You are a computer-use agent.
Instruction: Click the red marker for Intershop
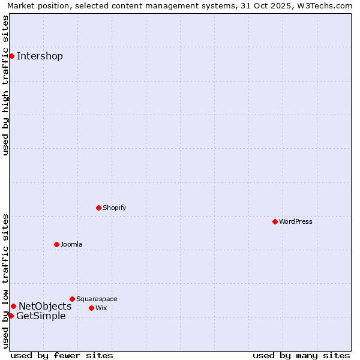pos(11,56)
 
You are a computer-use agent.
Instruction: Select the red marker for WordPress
pos(275,221)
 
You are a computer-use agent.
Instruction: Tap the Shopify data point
pos(98,208)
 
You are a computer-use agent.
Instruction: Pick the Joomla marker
pos(56,244)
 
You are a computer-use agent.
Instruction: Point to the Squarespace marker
pos(72,299)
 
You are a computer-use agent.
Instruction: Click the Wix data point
pos(91,308)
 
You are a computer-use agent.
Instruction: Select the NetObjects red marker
pos(13,306)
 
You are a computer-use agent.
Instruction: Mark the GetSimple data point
pos(11,316)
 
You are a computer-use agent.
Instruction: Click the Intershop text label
pos(40,56)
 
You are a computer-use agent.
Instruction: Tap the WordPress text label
pos(296,221)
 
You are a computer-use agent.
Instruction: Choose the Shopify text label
pos(115,208)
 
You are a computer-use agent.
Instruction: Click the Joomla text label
pos(71,244)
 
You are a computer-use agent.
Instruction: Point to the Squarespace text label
pos(97,299)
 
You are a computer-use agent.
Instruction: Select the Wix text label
pos(101,308)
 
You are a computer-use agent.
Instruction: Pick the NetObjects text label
pos(45,307)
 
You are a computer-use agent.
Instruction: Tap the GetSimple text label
pos(41,316)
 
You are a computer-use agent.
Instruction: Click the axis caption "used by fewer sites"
pos(62,355)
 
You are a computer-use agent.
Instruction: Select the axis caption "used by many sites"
pos(301,355)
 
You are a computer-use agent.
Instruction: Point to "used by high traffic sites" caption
pos(6,85)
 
